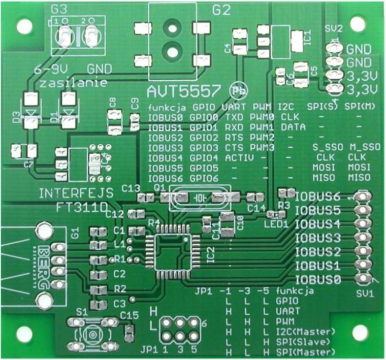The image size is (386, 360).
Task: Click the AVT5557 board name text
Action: (184, 92)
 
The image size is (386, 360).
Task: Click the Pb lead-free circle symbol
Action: (237, 91)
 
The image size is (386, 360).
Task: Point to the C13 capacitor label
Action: (131, 188)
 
